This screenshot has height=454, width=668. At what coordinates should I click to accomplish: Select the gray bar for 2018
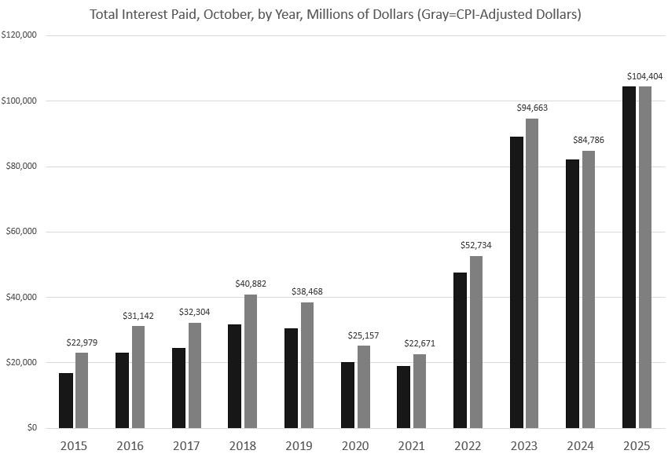pos(251,361)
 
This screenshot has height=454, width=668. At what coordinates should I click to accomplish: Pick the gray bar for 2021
pos(420,391)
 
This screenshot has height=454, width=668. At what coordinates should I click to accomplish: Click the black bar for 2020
pos(347,395)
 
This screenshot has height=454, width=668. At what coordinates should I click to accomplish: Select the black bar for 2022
pos(460,350)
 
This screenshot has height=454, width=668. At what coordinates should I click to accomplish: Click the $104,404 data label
pos(645,76)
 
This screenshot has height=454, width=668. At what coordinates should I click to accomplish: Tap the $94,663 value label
pos(533,108)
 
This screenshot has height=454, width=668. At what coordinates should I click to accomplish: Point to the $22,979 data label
pos(83,342)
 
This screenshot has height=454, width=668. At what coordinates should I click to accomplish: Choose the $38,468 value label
pos(307,291)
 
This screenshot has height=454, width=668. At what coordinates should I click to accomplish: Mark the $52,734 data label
pos(476,245)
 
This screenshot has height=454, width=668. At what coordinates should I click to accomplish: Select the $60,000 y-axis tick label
pos(24,232)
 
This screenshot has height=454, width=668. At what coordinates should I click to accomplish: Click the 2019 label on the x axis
pos(299,445)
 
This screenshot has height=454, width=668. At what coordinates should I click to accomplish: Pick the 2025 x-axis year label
pos(637,445)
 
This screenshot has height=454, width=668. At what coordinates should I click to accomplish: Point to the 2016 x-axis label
pos(130,445)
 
